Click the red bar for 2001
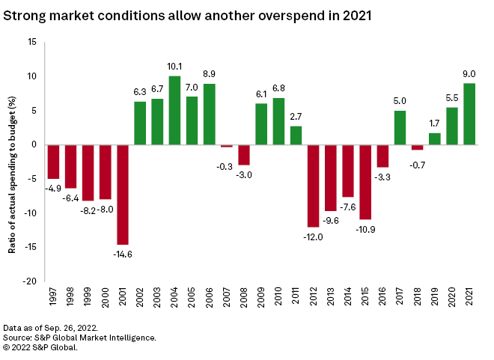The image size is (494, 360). pos(123,194)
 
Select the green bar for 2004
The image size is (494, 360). pos(174,110)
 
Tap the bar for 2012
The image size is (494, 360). pos(313,185)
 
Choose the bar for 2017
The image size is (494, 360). pos(400,127)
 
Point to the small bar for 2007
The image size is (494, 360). pos(227,146)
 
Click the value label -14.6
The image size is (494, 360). pos(123,254)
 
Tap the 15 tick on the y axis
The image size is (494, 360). pos(33,42)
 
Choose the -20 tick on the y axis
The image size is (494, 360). pos(31,281)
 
